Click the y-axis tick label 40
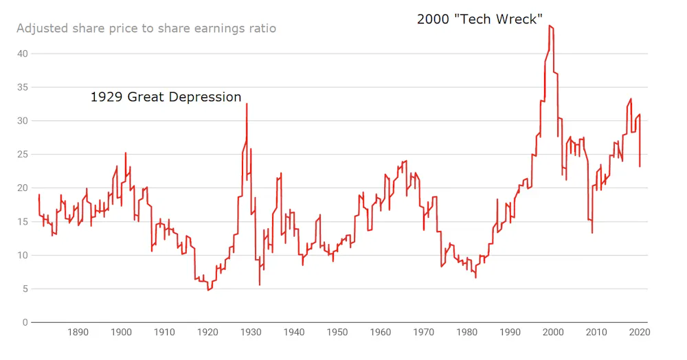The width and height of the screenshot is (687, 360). tap(23, 54)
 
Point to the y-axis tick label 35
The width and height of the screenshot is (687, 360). tap(23, 87)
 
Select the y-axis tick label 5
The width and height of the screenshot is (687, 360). tap(25, 289)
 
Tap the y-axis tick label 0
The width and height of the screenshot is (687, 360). tap(25, 322)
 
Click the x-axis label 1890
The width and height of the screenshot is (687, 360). tap(78, 332)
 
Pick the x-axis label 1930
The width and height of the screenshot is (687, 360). tap(251, 332)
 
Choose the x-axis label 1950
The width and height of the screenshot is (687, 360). tap(337, 332)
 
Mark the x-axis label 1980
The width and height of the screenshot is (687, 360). tap(467, 332)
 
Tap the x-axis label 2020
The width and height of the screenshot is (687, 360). tap(640, 332)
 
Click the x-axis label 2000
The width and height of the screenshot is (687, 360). tap(553, 332)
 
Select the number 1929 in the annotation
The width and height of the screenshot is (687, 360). tap(106, 97)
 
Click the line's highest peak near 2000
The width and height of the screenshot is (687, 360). tap(550, 25)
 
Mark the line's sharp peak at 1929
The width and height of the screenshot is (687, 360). tap(247, 103)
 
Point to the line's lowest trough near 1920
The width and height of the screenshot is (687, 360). tap(209, 290)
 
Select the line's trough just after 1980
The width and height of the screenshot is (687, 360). tap(475, 278)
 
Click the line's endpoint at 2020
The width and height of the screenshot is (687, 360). tap(640, 166)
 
